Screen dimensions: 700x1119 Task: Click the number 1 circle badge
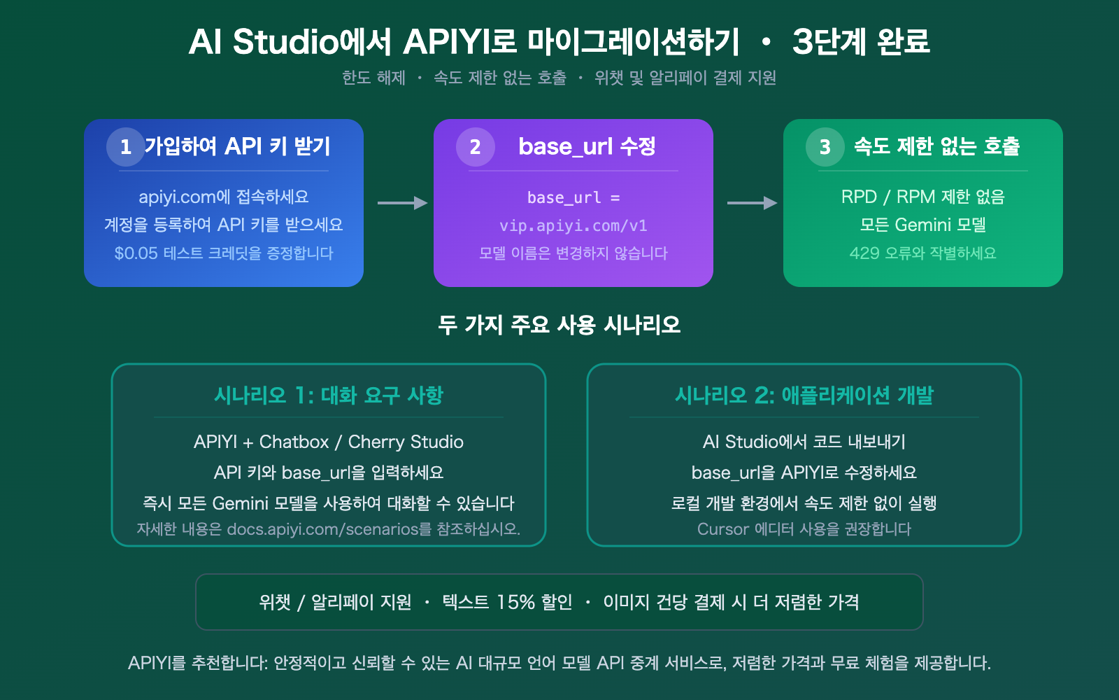coord(126,147)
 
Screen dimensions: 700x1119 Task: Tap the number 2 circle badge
coord(476,147)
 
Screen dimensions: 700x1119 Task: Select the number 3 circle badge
coord(825,147)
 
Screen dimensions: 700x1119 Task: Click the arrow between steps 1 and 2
coord(402,203)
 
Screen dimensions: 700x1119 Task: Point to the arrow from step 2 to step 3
coord(752,203)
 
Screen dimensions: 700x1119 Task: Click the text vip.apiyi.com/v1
coord(573,225)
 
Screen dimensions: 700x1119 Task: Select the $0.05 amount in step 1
coord(136,253)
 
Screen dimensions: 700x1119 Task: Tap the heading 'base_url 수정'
coord(587,146)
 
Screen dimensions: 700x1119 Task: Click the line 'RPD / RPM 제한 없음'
coord(922,197)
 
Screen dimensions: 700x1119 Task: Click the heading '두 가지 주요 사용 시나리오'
coord(559,325)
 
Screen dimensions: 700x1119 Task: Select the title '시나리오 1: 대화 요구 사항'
coord(329,395)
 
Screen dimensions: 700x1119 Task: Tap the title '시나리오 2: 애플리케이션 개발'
coord(804,395)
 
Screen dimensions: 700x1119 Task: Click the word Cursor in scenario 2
coord(723,529)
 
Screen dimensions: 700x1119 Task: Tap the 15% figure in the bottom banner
coord(516,602)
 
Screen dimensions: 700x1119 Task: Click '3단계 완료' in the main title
coord(861,42)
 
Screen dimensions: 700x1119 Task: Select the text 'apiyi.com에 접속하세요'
coord(224,197)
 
